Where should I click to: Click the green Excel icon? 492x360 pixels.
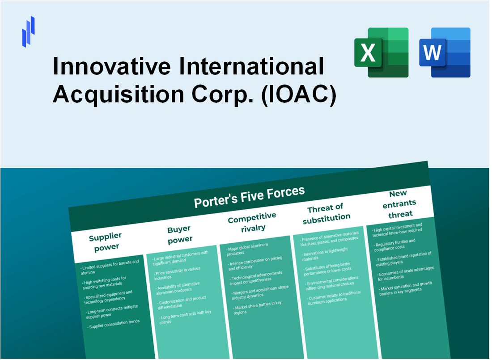tap(381, 52)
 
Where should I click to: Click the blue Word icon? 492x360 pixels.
tap(445, 52)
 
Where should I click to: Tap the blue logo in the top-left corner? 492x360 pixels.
tap(28, 31)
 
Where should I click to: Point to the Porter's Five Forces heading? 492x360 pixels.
tap(249, 197)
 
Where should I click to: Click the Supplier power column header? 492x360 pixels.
tap(105, 241)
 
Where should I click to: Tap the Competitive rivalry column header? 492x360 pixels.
tap(252, 221)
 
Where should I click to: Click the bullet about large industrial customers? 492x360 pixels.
tap(180, 257)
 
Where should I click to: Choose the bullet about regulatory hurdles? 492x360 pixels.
tap(395, 244)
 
